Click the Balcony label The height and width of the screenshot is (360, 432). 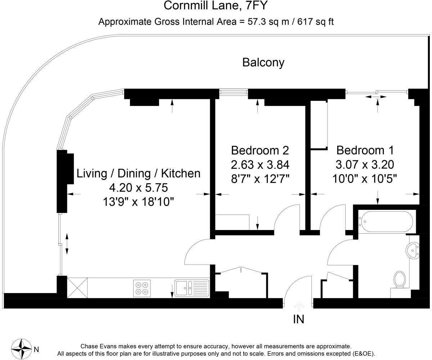pyautogui.click(x=263, y=63)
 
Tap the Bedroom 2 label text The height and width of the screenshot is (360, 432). pyautogui.click(x=260, y=150)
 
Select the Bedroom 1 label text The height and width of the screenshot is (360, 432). pyautogui.click(x=365, y=150)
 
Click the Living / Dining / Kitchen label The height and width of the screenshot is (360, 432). pyautogui.click(x=138, y=174)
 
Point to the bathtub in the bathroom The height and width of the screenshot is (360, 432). pyautogui.click(x=386, y=221)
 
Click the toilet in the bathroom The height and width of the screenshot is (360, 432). pyautogui.click(x=400, y=280)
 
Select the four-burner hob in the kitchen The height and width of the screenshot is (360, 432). pyautogui.click(x=142, y=288)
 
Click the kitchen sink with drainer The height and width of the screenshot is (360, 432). pyautogui.click(x=192, y=288)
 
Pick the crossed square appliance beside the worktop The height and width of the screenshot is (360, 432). pyautogui.click(x=77, y=288)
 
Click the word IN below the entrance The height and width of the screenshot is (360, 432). pyautogui.click(x=298, y=319)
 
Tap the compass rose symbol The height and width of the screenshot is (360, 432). pyautogui.click(x=21, y=349)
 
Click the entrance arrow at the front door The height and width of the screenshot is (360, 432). pyautogui.click(x=299, y=306)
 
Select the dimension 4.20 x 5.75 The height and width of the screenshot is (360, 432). pyautogui.click(x=138, y=188)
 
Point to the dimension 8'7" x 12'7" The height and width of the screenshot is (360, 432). pyautogui.click(x=260, y=179)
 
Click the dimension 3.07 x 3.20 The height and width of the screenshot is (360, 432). pyautogui.click(x=365, y=165)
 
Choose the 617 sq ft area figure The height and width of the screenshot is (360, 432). pyautogui.click(x=315, y=22)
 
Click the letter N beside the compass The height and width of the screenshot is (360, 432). pyautogui.click(x=36, y=350)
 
